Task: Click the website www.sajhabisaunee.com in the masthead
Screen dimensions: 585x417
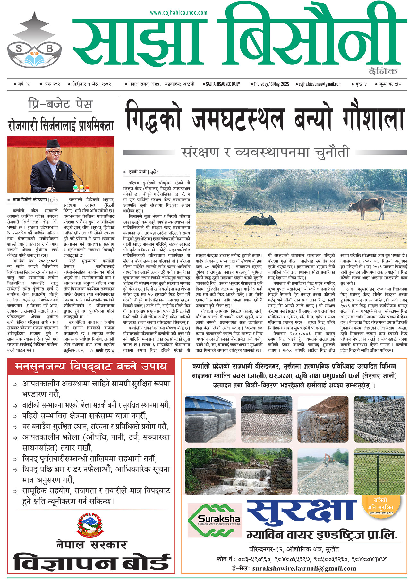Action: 178,13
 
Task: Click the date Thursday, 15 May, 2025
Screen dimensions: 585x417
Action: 271,84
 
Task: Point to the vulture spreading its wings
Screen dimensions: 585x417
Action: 260,220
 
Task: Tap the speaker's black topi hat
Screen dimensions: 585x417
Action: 52,144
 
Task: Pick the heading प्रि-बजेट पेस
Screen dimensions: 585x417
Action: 60,104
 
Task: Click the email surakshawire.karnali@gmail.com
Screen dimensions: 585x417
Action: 304,568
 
